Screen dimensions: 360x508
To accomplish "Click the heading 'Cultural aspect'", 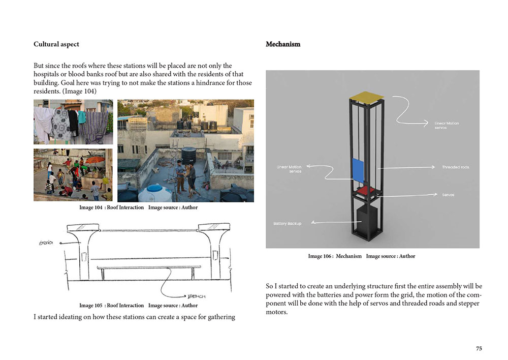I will (56, 44).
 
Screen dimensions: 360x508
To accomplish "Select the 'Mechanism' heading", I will (283, 44).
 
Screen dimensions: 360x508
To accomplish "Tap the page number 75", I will (479, 348).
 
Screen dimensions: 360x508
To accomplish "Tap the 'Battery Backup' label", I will (288, 223).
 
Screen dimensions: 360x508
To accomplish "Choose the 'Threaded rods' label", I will (455, 167).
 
